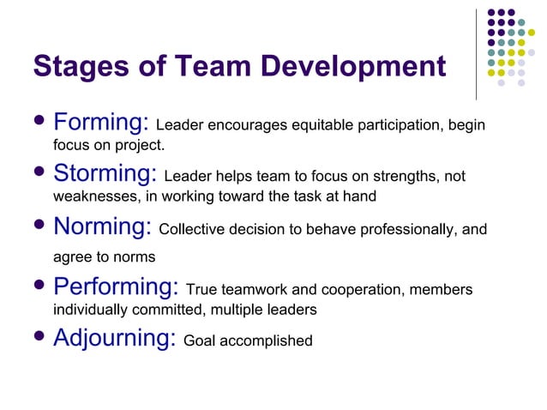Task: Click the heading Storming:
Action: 105,174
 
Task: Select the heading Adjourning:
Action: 115,338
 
